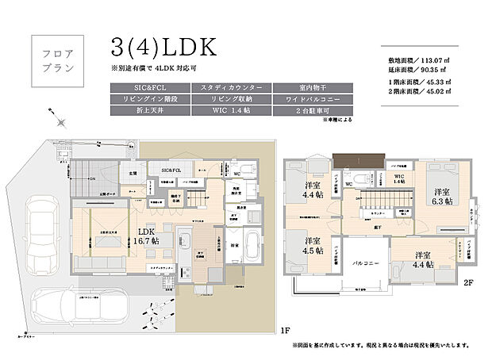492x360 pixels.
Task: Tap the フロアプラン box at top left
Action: [57, 59]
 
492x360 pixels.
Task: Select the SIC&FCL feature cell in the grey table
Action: [150, 86]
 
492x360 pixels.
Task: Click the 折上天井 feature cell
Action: [150, 113]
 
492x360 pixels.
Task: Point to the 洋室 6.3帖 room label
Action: [442, 197]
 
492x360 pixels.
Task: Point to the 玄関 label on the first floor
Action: [132, 172]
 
